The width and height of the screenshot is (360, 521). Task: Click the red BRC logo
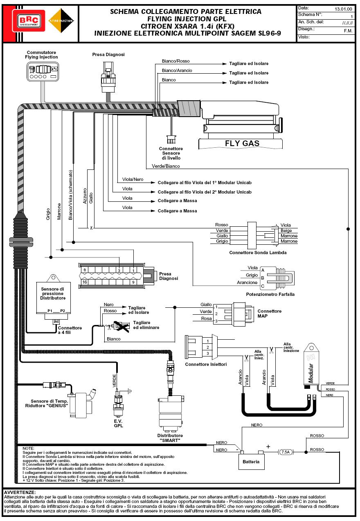[28, 21]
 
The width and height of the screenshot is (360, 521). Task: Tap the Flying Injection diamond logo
[61, 21]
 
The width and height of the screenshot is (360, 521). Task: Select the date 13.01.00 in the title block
[343, 9]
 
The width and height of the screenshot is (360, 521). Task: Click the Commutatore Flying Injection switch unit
[43, 72]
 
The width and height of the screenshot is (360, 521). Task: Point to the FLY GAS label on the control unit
[242, 143]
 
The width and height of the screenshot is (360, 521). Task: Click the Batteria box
[251, 462]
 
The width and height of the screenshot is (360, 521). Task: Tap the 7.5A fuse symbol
[286, 452]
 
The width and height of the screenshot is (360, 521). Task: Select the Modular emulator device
[311, 365]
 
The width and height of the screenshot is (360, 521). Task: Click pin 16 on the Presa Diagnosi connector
[84, 282]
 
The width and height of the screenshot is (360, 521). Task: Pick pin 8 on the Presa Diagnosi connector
[84, 270]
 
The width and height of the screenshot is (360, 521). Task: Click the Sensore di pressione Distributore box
[53, 298]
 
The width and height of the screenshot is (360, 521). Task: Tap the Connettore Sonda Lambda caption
[258, 253]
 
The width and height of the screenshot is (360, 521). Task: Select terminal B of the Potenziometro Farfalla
[263, 278]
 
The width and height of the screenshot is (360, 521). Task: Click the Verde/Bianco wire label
[166, 166]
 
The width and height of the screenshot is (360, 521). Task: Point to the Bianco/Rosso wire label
[175, 61]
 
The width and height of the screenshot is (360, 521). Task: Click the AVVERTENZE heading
[20, 492]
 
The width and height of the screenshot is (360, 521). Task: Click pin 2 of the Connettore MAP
[216, 314]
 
